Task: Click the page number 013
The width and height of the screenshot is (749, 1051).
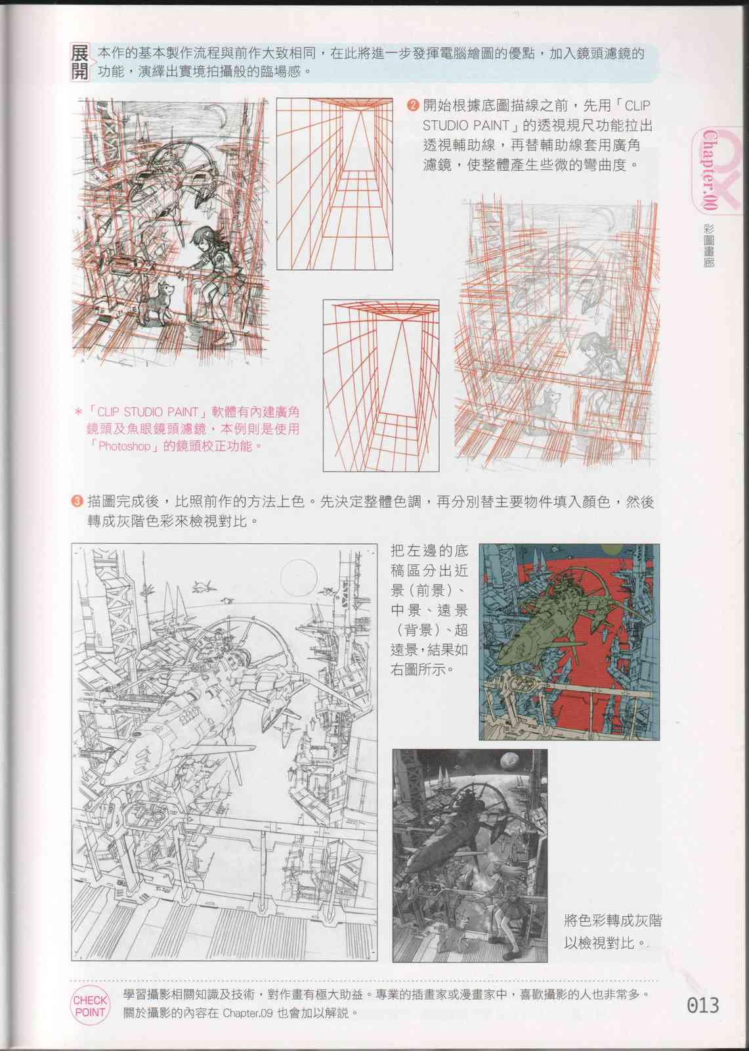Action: (703, 1006)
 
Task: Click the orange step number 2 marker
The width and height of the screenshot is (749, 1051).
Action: (412, 106)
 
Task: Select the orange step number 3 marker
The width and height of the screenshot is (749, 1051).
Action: (77, 502)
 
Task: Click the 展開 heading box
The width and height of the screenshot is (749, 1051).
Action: (79, 63)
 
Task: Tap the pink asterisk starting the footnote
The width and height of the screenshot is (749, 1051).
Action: (78, 413)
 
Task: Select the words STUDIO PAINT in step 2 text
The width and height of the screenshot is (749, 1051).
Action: (465, 125)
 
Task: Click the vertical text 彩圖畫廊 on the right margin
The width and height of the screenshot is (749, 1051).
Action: (708, 246)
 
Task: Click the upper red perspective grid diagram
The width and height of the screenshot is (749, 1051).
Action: (334, 184)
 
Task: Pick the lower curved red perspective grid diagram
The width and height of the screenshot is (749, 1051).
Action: (381, 386)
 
